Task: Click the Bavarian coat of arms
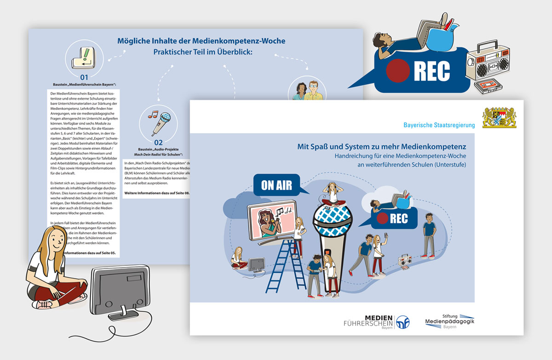coord(499,118)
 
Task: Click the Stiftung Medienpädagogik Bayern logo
coord(449,320)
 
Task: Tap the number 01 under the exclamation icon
coord(84,77)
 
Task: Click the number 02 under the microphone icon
coord(159,143)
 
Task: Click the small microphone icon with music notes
coord(159,120)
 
